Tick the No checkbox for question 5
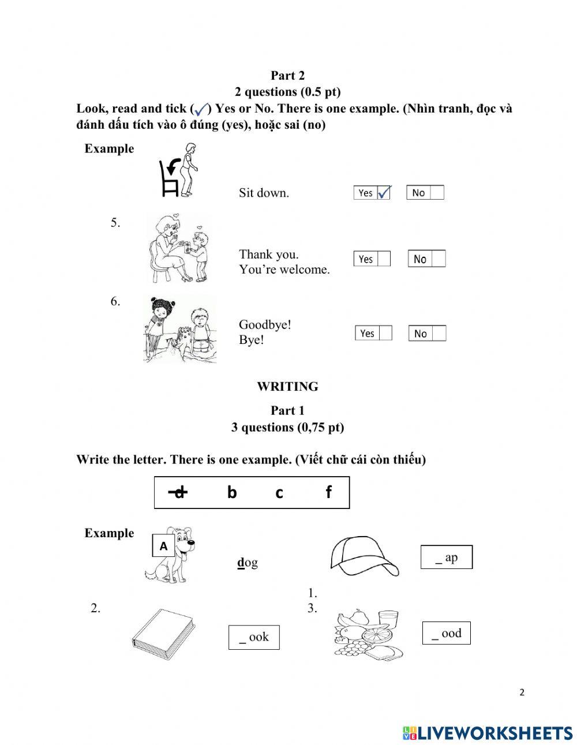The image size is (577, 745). point(439,259)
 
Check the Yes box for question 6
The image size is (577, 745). point(385,333)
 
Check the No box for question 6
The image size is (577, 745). point(439,334)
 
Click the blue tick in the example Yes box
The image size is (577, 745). point(384,192)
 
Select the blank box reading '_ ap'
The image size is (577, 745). point(446,557)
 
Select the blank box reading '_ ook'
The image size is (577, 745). point(254,637)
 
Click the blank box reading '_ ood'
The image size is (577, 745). point(446,633)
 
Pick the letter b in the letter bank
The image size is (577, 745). point(232,492)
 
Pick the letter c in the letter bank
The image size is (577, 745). point(279,493)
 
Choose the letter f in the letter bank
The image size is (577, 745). point(328,492)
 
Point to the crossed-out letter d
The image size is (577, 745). point(179,492)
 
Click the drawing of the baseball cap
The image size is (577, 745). point(364,556)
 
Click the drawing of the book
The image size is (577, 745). point(163,635)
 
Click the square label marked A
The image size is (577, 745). point(163,546)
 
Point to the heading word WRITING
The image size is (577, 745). point(287,387)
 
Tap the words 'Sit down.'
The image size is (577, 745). point(264,193)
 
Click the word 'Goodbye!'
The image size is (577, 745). point(265,325)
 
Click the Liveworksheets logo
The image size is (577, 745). point(488,733)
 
